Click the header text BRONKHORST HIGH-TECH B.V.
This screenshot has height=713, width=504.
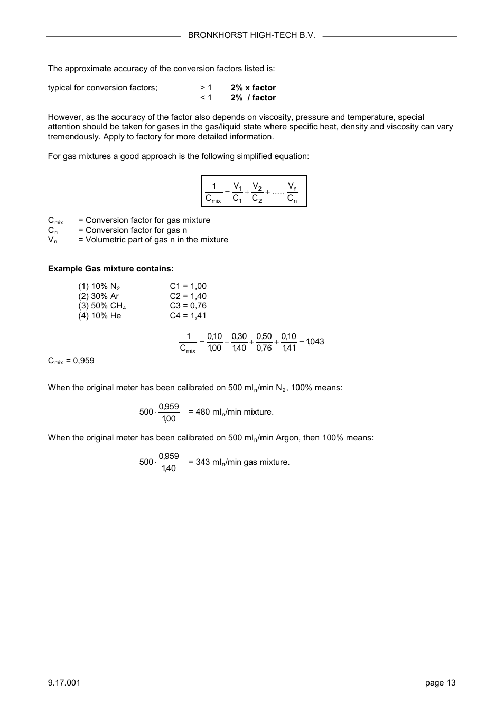(x=251, y=35)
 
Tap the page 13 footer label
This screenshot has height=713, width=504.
(x=440, y=683)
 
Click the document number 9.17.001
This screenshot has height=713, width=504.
(x=64, y=683)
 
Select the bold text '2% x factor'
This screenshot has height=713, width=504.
(x=253, y=88)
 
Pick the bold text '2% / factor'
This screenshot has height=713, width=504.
(x=253, y=98)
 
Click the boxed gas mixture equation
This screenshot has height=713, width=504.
(x=254, y=191)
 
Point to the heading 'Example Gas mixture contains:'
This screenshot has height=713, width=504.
(x=110, y=269)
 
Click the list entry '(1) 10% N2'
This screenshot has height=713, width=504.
(x=99, y=287)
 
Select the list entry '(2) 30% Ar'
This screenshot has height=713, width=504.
(x=99, y=296)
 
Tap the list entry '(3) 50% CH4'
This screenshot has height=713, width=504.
(x=102, y=306)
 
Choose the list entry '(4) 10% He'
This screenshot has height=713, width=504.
(x=100, y=316)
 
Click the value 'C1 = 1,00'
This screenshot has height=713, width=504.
(x=188, y=286)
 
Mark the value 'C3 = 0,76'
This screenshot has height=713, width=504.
(x=188, y=306)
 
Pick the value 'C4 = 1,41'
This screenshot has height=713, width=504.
(x=188, y=316)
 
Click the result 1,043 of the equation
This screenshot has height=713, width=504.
(x=315, y=342)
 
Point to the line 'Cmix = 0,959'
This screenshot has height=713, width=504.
(x=71, y=361)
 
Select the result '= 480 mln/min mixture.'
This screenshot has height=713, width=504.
(x=231, y=412)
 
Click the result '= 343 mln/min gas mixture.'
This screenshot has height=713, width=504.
(x=239, y=462)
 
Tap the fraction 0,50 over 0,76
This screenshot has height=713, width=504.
(x=264, y=342)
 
